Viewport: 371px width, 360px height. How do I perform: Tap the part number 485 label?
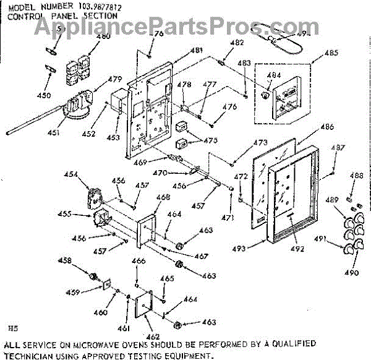tap(331, 53)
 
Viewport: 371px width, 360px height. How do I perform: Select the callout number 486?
tap(327, 127)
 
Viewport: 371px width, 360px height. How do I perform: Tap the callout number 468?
tap(163, 197)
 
